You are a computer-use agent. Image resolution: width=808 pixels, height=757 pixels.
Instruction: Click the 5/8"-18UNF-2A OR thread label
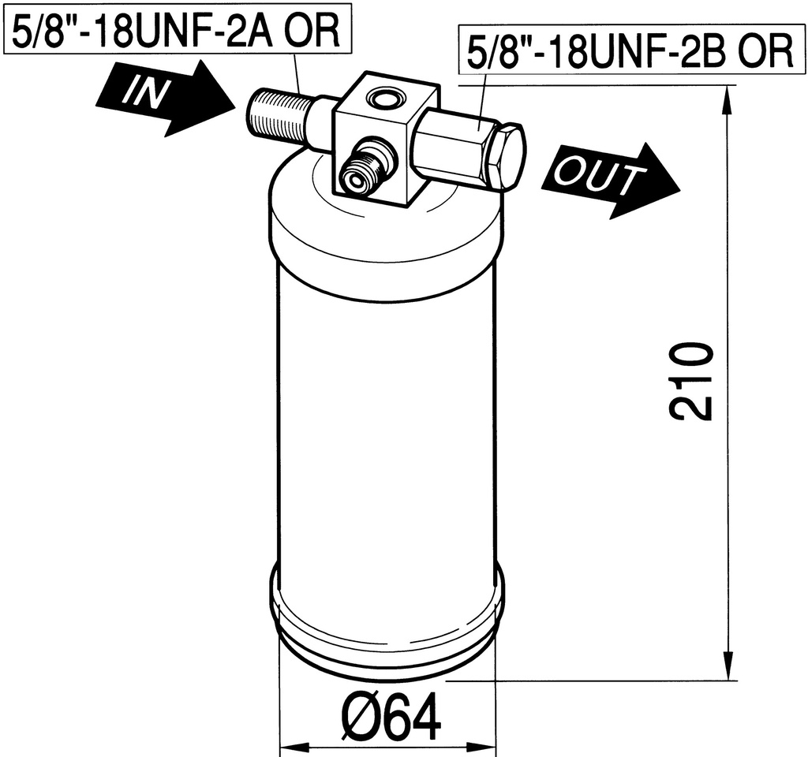pos(177,31)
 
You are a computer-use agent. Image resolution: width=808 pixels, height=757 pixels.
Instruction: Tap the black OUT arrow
pos(612,180)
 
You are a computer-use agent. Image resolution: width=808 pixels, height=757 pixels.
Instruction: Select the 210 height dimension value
pos(690,382)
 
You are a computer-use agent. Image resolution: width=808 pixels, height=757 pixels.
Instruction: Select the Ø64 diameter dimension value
pos(391,716)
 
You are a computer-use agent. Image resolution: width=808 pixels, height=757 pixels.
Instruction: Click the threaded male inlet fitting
pos(281,117)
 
